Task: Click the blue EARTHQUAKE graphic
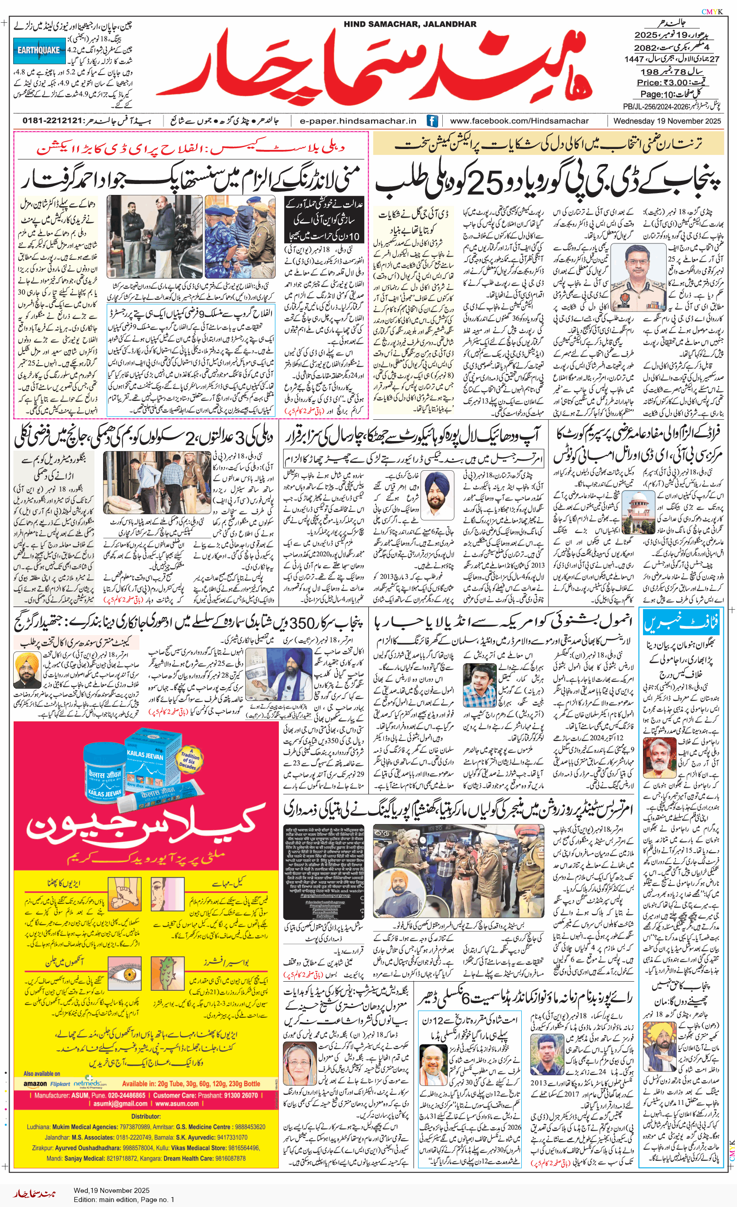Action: pos(39,50)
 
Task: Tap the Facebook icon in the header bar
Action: pos(432,120)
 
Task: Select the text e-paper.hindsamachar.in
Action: pos(357,121)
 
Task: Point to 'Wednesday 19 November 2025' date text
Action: pos(667,120)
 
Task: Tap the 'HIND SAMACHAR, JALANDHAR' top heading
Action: pos(410,24)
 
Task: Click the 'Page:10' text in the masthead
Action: pos(657,94)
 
